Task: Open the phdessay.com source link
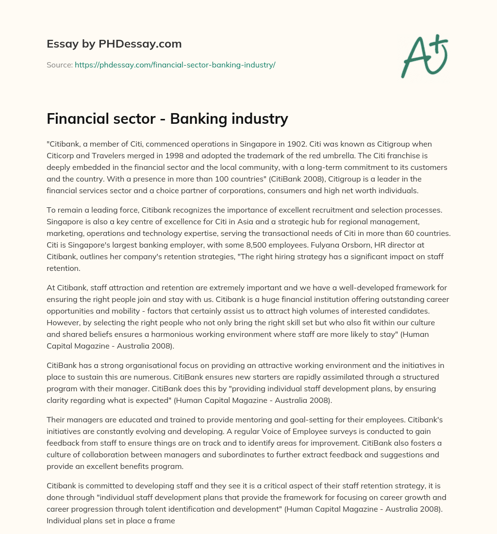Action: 175,65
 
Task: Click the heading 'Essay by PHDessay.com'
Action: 114,44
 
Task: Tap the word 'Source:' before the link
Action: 60,65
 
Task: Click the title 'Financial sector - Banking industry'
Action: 167,119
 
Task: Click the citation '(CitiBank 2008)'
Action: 234,179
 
